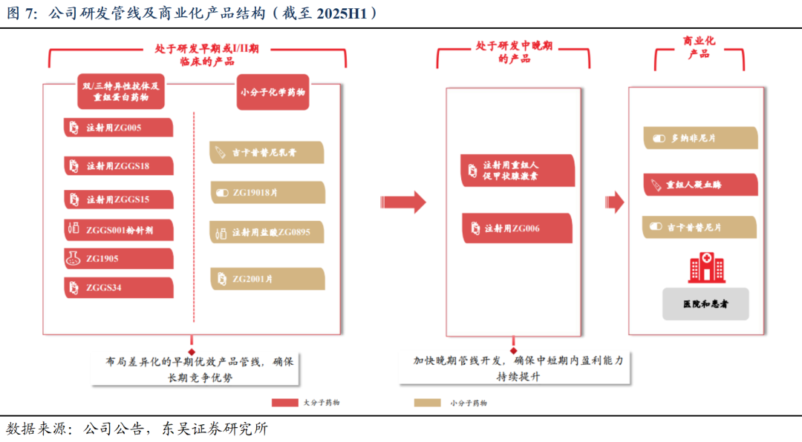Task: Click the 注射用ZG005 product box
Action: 119,128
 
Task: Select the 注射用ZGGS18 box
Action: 119,165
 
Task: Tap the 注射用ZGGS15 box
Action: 119,199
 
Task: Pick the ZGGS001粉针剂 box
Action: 119,230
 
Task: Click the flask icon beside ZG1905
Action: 73,259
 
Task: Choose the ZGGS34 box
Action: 119,288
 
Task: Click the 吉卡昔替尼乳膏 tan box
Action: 267,153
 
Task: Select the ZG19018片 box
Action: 267,193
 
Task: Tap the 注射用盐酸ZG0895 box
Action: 267,232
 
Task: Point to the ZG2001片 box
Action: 267,279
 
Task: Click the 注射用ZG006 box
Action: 517,228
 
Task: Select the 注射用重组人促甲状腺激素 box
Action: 517,171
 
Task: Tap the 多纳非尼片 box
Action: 700,138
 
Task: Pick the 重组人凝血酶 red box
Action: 700,185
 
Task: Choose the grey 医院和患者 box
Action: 705,304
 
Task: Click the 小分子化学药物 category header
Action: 273,93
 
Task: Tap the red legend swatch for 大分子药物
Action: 284,403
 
